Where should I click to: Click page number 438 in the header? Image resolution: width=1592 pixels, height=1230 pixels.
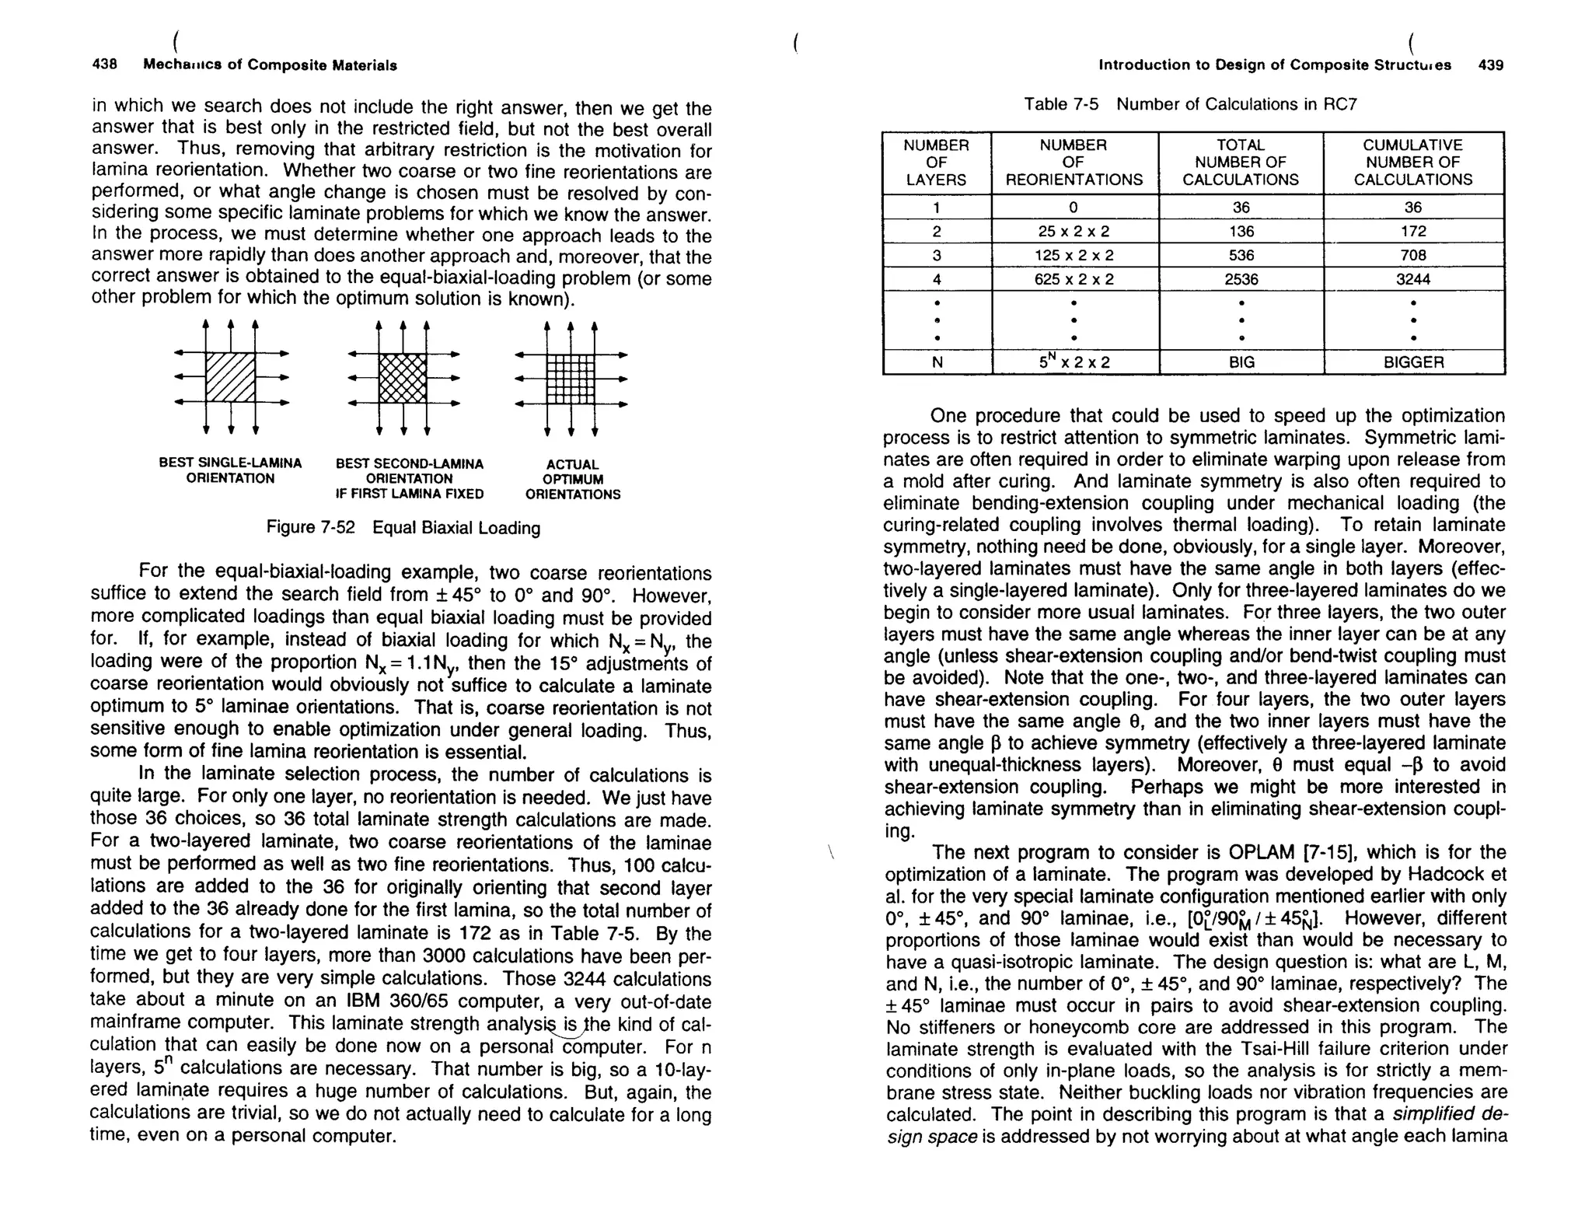click(x=104, y=65)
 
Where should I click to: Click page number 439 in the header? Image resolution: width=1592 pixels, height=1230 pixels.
click(x=1490, y=65)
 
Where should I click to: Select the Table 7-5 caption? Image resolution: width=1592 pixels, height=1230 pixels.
click(x=1189, y=104)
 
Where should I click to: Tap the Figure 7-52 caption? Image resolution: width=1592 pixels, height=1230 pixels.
click(x=403, y=528)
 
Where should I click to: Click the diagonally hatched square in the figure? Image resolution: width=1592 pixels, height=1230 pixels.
click(x=230, y=378)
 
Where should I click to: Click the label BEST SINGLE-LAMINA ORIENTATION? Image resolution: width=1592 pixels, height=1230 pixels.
click(x=230, y=470)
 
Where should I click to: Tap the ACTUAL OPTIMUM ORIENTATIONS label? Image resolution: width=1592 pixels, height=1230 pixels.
click(x=572, y=479)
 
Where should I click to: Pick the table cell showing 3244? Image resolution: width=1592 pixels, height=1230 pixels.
click(x=1412, y=279)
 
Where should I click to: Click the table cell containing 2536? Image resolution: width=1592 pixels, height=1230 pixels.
click(x=1240, y=279)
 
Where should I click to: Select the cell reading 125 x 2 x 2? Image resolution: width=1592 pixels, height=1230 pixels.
click(x=1074, y=255)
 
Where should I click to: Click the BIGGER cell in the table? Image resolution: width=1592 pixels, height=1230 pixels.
click(x=1412, y=362)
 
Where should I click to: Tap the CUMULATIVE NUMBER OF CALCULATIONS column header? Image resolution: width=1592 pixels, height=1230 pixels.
click(x=1412, y=162)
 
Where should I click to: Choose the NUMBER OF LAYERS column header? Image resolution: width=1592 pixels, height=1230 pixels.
click(x=936, y=162)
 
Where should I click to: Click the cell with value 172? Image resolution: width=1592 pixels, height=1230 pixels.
click(x=1412, y=231)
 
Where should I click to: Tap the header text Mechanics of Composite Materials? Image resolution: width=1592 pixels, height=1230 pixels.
click(x=270, y=65)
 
